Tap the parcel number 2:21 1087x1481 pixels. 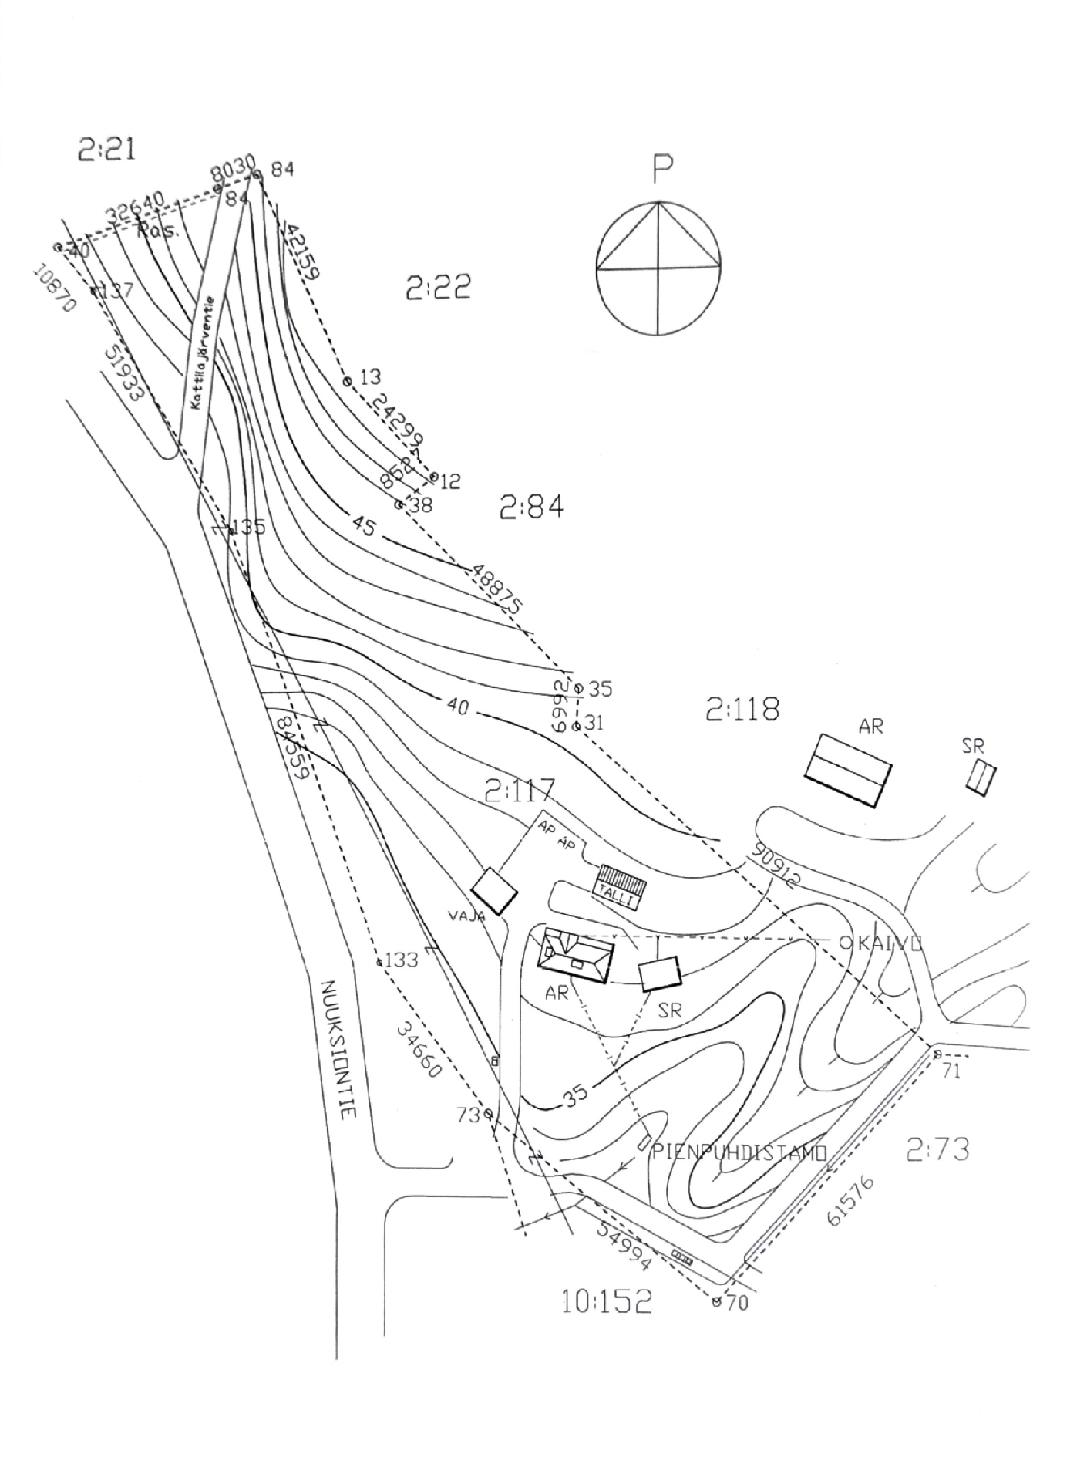106,149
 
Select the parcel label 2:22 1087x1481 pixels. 438,288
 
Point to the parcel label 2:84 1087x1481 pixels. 531,508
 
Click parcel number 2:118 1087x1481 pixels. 742,709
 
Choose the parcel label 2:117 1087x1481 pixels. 520,791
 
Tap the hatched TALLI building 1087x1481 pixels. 620,886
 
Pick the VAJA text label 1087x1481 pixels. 466,916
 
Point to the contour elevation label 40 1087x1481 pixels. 457,705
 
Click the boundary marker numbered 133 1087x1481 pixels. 379,962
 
